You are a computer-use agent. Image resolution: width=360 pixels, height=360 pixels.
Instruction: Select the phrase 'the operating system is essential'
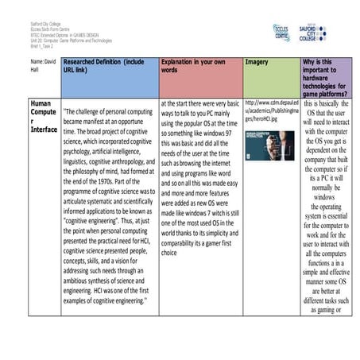click(325, 214)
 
